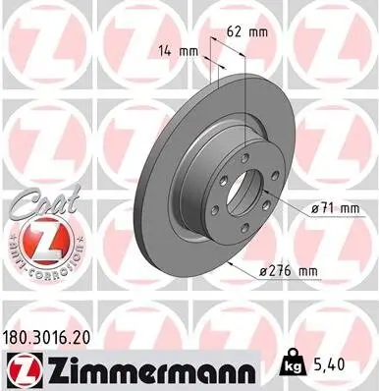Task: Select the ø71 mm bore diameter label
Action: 329,208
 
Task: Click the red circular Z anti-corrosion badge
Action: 39,241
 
